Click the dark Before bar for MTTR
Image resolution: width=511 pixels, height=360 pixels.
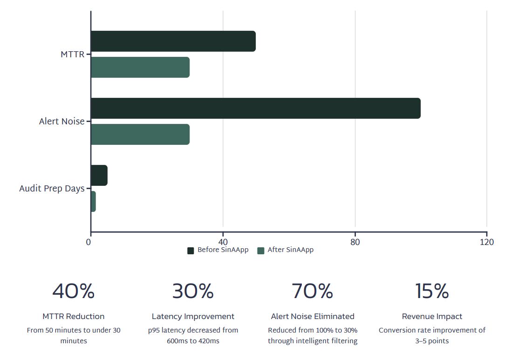pyautogui.click(x=173, y=41)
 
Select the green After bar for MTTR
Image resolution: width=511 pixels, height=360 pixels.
pyautogui.click(x=140, y=68)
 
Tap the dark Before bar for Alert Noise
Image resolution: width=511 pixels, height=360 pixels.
pyautogui.click(x=255, y=109)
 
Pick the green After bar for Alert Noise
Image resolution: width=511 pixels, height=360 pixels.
pyautogui.click(x=140, y=135)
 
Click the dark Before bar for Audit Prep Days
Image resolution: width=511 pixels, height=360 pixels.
pyautogui.click(x=99, y=176)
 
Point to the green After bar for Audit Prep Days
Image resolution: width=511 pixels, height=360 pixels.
pyautogui.click(x=93, y=202)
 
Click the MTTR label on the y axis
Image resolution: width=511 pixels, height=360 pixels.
pyautogui.click(x=73, y=54)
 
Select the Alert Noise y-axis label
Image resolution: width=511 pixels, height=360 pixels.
pyautogui.click(x=62, y=122)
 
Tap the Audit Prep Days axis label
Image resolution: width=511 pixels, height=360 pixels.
pyautogui.click(x=52, y=189)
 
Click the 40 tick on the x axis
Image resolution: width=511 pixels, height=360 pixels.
pyautogui.click(x=223, y=242)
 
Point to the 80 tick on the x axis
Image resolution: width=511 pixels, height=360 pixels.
pyautogui.click(x=355, y=242)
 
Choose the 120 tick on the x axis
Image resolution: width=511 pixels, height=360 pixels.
pyautogui.click(x=487, y=242)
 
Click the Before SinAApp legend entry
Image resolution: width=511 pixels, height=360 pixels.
pyautogui.click(x=218, y=250)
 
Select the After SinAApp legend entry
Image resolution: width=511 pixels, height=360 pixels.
pyautogui.click(x=286, y=250)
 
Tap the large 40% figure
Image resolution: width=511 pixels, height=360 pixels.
pyautogui.click(x=74, y=292)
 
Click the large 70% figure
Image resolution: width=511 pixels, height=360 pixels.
pyautogui.click(x=313, y=292)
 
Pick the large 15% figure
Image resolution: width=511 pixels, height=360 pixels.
pyautogui.click(x=432, y=292)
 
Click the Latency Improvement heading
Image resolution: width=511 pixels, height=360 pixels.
pyautogui.click(x=193, y=317)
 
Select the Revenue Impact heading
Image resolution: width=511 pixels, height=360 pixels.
pyautogui.click(x=432, y=317)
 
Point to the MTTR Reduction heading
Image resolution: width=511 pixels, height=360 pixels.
pyautogui.click(x=74, y=317)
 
